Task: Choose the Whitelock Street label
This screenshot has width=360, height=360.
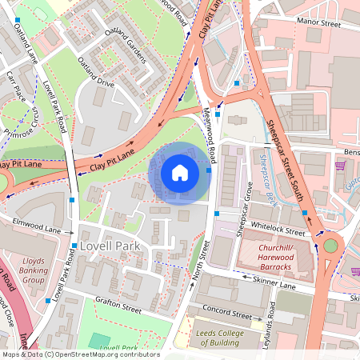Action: [279, 231]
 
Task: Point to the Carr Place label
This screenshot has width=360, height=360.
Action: [13, 84]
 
